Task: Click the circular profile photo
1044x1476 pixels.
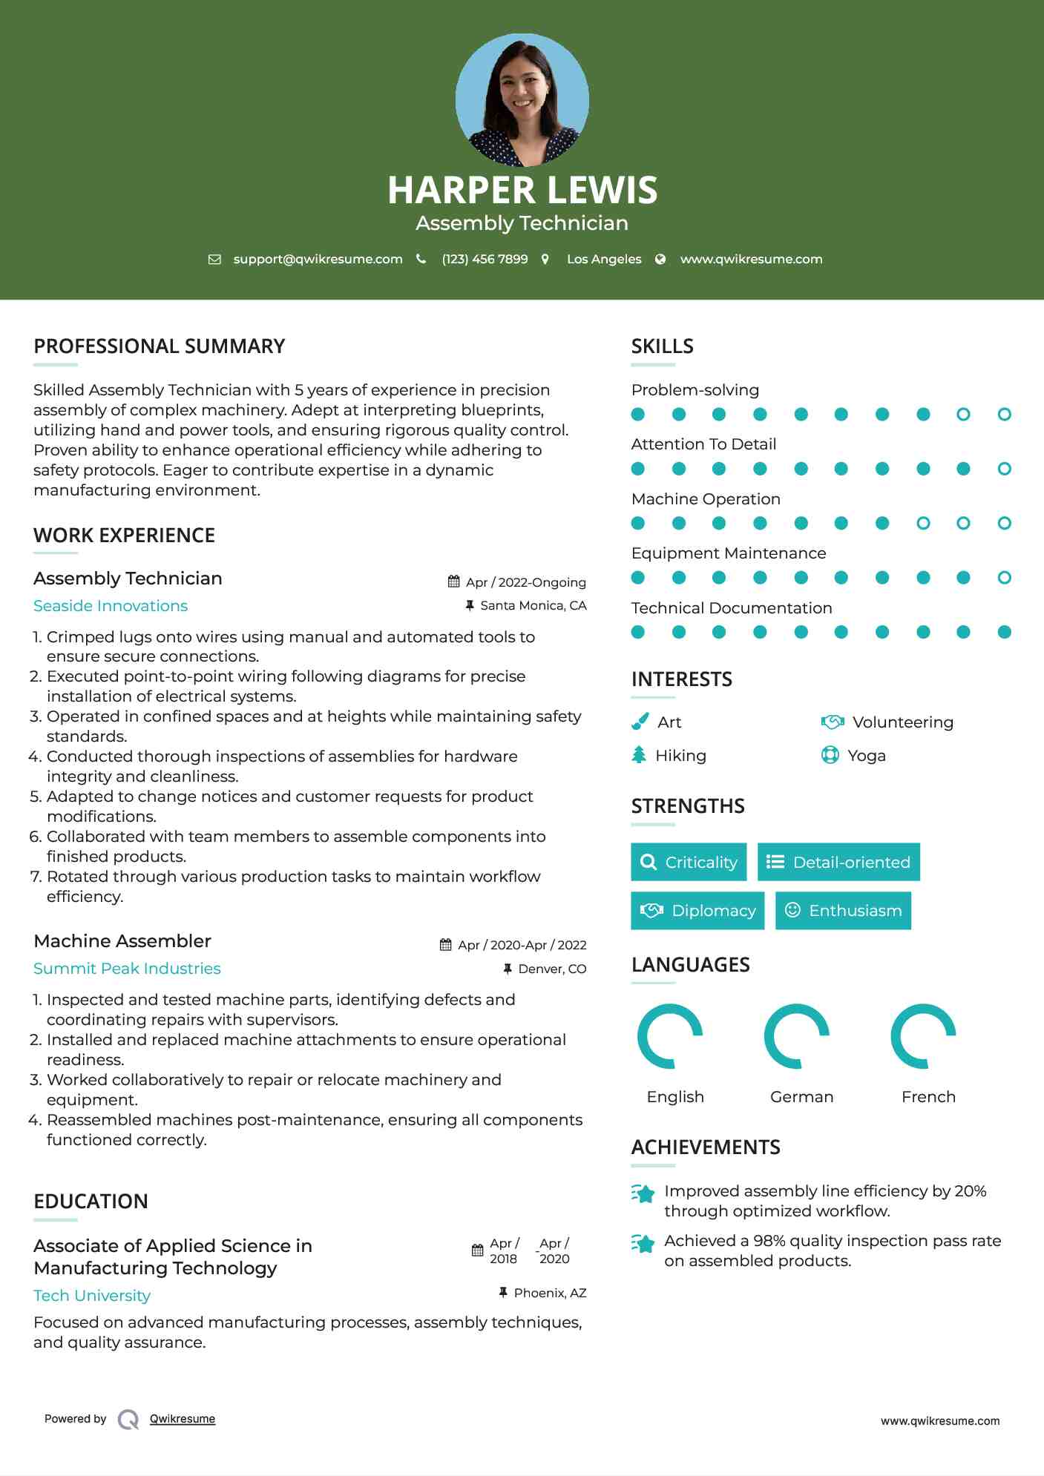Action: pos(522,99)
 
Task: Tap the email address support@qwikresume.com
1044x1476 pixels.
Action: pos(318,259)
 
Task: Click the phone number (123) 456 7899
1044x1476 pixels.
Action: pos(485,259)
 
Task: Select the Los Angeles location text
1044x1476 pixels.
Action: pos(603,259)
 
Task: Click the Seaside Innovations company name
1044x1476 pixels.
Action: pos(111,606)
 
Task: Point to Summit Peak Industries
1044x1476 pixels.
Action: pos(127,969)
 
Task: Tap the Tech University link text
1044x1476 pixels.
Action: pos(92,1296)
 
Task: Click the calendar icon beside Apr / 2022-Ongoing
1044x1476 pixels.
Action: pos(454,581)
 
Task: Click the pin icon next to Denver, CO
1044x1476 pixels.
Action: pos(508,969)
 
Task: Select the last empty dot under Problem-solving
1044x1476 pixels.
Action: pos(1004,415)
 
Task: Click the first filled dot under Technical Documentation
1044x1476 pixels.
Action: pos(637,632)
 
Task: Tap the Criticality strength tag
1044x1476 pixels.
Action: pos(689,862)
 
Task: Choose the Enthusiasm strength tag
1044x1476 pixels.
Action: pos(843,911)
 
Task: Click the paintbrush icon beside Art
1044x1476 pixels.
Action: pos(640,722)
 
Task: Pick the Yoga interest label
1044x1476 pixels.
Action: pos(866,756)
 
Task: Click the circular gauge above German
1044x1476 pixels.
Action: pos(797,1036)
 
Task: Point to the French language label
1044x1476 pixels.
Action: pos(928,1097)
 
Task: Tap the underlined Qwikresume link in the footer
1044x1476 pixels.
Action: pos(183,1419)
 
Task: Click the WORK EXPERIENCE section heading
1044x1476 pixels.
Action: pos(124,536)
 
